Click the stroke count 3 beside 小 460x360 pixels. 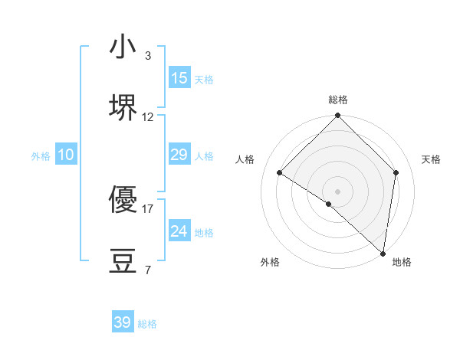[147, 56]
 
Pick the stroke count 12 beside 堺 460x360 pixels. [148, 117]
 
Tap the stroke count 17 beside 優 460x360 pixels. [148, 208]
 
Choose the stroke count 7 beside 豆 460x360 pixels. [147, 270]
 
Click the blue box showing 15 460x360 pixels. [179, 77]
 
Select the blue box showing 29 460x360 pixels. [179, 155]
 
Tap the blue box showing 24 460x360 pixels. [179, 231]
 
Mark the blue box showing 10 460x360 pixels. [66, 155]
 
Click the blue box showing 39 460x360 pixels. [123, 322]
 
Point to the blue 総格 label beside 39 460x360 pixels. [147, 324]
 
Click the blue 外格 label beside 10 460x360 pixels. [41, 156]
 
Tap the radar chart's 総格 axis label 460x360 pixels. [338, 100]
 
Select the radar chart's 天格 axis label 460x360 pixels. [432, 159]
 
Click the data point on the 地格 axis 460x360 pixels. [383, 253]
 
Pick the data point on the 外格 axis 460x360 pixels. [329, 204]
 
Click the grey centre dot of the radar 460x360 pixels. [338, 191]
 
